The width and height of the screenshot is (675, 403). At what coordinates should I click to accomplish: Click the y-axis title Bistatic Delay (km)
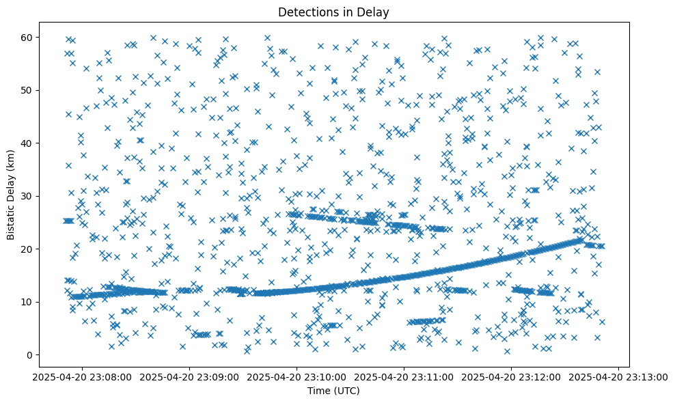point(12,195)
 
